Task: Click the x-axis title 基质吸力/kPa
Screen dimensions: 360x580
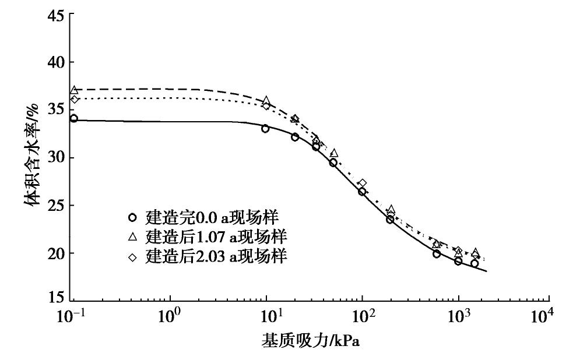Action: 310,341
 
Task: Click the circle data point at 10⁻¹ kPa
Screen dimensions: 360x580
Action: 74,118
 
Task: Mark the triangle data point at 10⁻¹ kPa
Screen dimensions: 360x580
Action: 74,90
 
